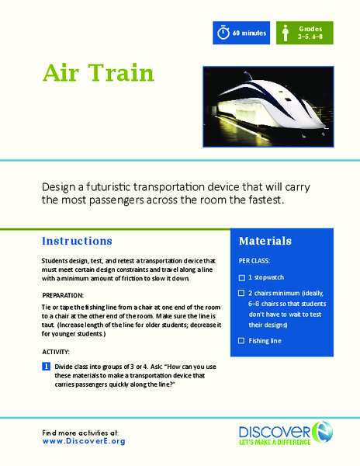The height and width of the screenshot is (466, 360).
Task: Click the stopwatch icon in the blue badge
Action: (223, 33)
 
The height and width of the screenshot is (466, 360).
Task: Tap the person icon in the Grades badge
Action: (285, 33)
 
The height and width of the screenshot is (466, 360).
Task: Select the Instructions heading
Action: (77, 241)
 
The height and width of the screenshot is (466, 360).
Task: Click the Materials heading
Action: (265, 241)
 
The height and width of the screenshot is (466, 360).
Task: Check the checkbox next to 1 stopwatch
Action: (242, 277)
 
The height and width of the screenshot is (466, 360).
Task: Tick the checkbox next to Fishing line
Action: (242, 341)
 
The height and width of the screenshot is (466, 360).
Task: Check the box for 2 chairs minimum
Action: (242, 293)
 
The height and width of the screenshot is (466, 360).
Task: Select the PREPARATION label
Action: (64, 295)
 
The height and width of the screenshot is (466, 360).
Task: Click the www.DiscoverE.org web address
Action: (83, 441)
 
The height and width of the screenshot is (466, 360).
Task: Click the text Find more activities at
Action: (81, 431)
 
